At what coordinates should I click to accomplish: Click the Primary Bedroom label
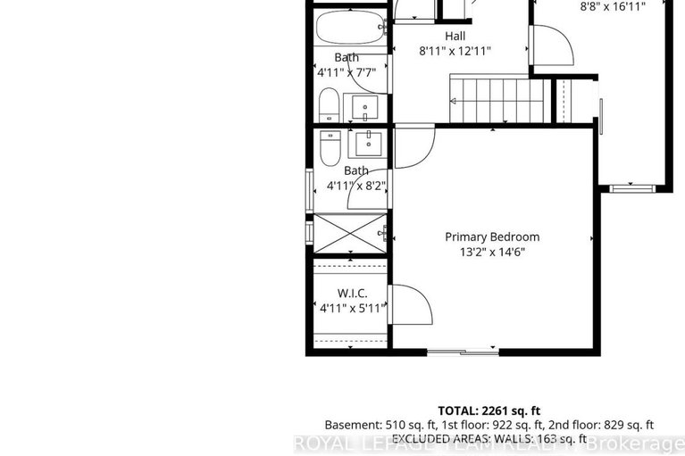[x=493, y=236]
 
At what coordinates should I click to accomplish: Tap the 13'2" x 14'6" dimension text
[x=493, y=252]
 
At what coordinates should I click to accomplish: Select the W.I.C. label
[x=348, y=293]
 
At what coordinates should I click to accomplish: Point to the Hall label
[x=455, y=36]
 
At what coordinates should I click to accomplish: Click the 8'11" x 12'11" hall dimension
[x=455, y=51]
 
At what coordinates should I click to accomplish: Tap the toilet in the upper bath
[x=329, y=105]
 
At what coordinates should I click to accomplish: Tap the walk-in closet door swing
[x=412, y=305]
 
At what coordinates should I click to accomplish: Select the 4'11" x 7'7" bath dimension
[x=348, y=72]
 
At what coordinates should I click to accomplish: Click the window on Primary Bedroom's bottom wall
[x=463, y=352]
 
